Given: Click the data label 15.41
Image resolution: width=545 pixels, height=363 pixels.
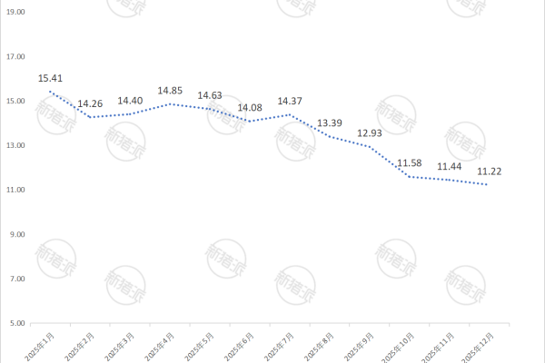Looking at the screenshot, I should click(50, 78).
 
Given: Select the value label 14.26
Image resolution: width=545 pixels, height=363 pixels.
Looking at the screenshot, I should click(90, 103).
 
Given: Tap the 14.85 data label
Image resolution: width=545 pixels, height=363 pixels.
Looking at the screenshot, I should click(171, 91).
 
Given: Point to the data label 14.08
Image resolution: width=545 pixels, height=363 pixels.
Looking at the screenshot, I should click(250, 108).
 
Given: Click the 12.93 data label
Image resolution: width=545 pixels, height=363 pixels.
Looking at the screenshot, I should click(370, 133).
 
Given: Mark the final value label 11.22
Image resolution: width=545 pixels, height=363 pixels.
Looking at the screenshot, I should click(490, 171).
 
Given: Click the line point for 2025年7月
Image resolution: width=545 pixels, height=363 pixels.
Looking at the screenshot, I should click(290, 114).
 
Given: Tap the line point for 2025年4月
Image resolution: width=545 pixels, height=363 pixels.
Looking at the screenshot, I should click(170, 103).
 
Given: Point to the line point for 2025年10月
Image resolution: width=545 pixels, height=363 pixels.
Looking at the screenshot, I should click(410, 176).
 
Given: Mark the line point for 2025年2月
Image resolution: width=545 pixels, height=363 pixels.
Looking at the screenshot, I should click(90, 117).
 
